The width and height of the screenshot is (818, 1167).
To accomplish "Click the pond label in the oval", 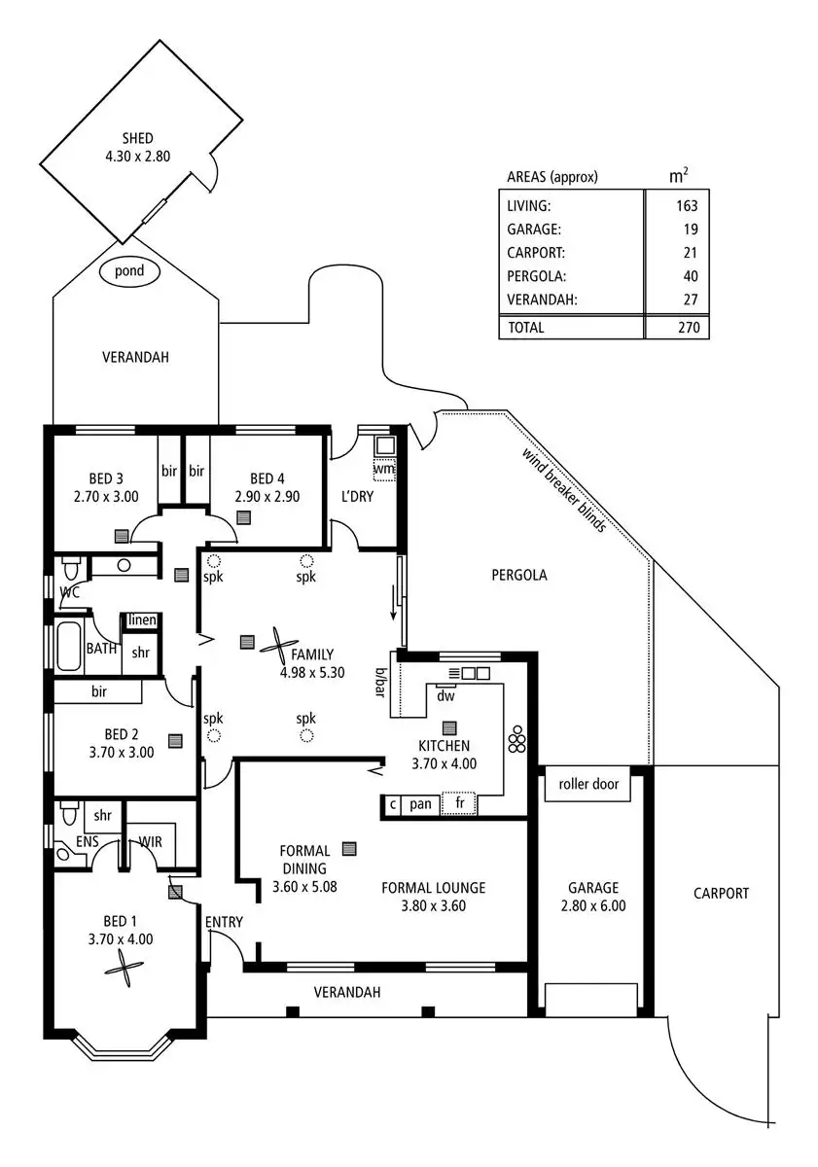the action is pyautogui.click(x=129, y=271).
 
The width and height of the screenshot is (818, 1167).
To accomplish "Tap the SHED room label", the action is pyautogui.click(x=138, y=138).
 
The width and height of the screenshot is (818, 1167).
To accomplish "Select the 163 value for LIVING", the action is pyautogui.click(x=687, y=206).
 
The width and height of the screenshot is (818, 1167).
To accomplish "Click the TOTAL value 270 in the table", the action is pyautogui.click(x=689, y=327).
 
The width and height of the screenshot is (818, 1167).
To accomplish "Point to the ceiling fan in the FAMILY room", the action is pyautogui.click(x=279, y=646).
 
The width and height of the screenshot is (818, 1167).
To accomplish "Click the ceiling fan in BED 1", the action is pyautogui.click(x=124, y=968).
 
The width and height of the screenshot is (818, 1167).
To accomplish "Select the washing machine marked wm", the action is pyautogui.click(x=384, y=470).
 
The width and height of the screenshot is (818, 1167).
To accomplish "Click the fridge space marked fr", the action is pyautogui.click(x=459, y=803).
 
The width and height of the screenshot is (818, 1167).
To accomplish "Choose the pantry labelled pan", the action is pyautogui.click(x=420, y=804).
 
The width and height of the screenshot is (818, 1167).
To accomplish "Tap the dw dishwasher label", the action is pyautogui.click(x=445, y=696).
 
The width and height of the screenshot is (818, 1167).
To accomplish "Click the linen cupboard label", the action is pyautogui.click(x=142, y=620).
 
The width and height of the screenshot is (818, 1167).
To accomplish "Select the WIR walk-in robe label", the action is pyautogui.click(x=150, y=842).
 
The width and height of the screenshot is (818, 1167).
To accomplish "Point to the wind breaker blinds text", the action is pyautogui.click(x=564, y=490).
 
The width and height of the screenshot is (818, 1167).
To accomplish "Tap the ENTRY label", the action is pyautogui.click(x=224, y=922).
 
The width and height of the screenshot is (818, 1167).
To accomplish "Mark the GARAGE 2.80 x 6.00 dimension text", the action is pyautogui.click(x=593, y=906).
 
